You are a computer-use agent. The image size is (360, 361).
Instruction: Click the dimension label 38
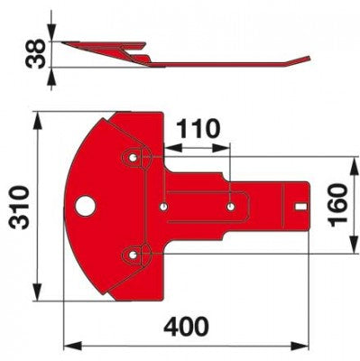35,54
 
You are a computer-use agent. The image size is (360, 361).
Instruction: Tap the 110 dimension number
198,129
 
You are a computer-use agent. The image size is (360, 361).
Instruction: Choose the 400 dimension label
186,326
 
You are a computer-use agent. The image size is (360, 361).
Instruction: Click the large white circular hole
86,206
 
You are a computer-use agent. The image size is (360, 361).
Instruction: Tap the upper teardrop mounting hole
133,157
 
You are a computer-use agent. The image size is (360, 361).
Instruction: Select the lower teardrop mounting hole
133,255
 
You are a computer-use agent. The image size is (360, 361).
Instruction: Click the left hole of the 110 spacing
163,207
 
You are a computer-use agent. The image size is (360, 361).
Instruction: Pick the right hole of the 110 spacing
231,207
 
